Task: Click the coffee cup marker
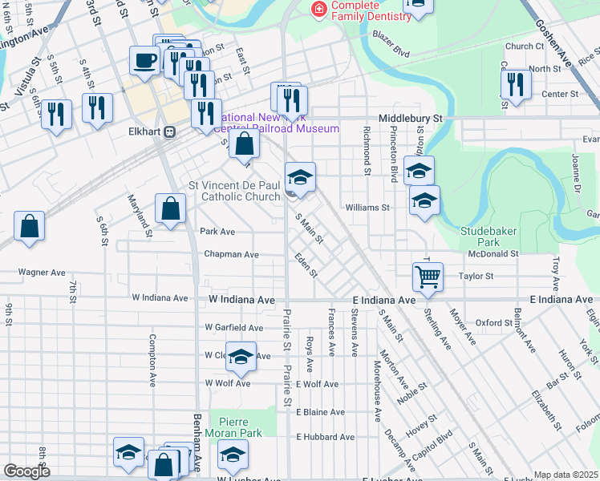(x=144, y=61)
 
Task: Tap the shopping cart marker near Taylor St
(x=428, y=278)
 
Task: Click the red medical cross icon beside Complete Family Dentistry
(x=319, y=10)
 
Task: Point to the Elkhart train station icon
(x=169, y=131)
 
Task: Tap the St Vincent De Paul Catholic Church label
(x=234, y=190)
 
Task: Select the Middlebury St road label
(x=411, y=118)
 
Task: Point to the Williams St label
(x=367, y=208)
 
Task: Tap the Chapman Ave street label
(x=230, y=254)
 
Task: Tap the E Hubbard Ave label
(x=325, y=437)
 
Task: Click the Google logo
(x=26, y=471)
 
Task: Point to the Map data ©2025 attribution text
(x=566, y=475)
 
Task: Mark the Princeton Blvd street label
(x=394, y=159)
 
